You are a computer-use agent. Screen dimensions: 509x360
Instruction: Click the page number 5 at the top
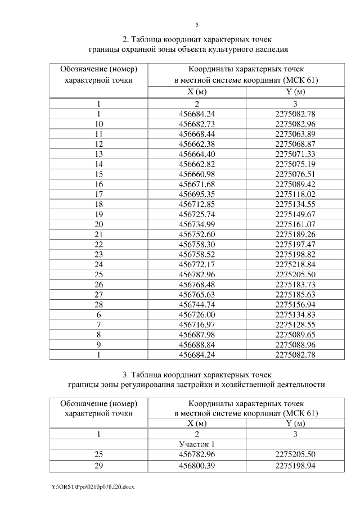(x=197, y=25)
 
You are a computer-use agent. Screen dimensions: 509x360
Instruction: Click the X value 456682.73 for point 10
(x=197, y=124)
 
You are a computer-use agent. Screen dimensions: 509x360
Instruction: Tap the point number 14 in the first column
(x=99, y=164)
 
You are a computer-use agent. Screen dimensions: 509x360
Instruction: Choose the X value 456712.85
(x=197, y=204)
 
